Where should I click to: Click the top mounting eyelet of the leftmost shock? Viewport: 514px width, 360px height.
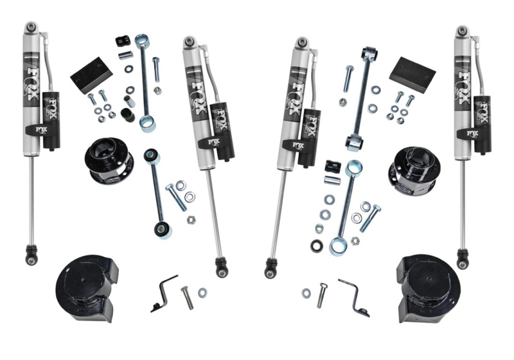pyautogui.click(x=31, y=28)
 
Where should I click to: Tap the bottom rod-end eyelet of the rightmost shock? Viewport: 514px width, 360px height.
pyautogui.click(x=461, y=260)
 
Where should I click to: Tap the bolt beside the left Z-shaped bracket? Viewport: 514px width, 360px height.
pyautogui.click(x=186, y=296)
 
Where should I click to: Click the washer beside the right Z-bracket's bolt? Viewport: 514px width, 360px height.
pyautogui.click(x=306, y=294)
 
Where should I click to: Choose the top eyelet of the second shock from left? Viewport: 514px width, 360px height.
pyautogui.click(x=189, y=42)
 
